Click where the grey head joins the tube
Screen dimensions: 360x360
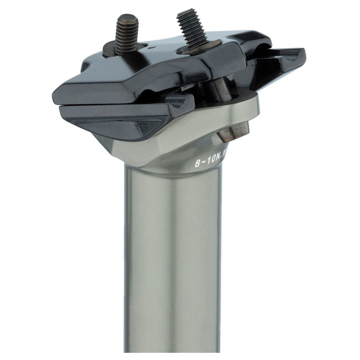tap(173, 169)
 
